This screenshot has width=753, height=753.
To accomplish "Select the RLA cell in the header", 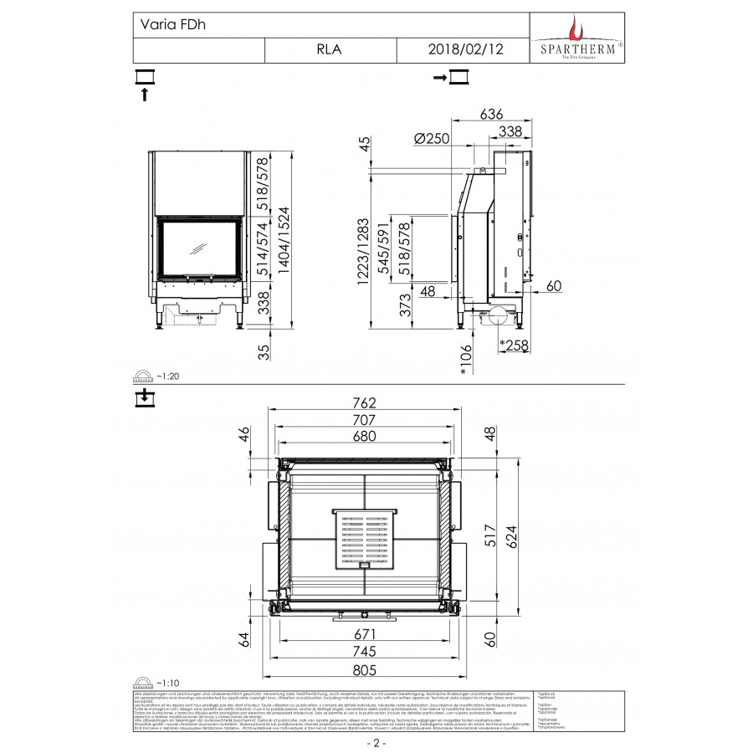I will point(329,49).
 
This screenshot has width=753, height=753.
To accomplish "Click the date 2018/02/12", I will point(465,49).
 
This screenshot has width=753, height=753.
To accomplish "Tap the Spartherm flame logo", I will point(573,29).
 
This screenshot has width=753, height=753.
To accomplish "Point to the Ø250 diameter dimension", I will point(433,137).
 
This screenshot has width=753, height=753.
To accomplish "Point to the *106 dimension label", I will point(465,358).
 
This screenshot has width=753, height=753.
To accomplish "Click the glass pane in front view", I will point(199,249).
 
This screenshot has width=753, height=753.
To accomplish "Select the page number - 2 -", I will point(376,742).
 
